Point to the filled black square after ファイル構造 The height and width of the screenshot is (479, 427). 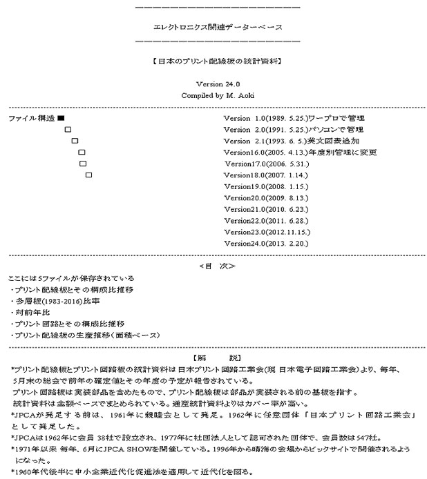[x=61, y=119]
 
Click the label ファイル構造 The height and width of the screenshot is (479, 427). [x=31, y=119]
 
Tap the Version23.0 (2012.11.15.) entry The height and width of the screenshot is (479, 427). [x=267, y=232]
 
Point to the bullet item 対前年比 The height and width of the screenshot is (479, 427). [x=28, y=312]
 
